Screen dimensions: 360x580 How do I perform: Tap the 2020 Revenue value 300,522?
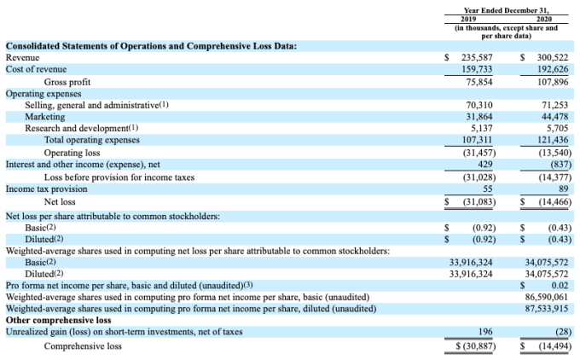(550, 56)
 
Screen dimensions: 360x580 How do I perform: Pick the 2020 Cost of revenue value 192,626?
(550, 68)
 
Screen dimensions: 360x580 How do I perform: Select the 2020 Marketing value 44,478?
(554, 116)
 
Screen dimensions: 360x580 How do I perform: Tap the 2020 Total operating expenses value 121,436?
(550, 140)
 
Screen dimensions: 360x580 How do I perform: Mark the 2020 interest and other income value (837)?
(556, 164)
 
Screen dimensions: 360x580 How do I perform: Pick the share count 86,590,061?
(548, 296)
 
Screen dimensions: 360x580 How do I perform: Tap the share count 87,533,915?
(548, 308)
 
